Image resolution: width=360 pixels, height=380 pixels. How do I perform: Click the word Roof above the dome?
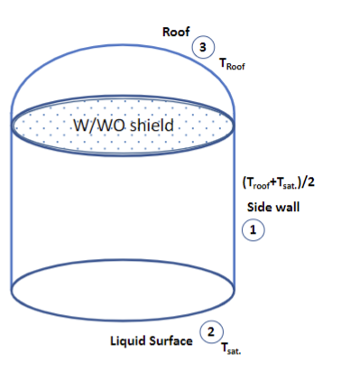tap(175, 32)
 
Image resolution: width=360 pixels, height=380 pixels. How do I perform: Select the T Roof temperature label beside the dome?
tap(232, 65)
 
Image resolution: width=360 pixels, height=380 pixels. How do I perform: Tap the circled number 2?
tap(210, 333)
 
